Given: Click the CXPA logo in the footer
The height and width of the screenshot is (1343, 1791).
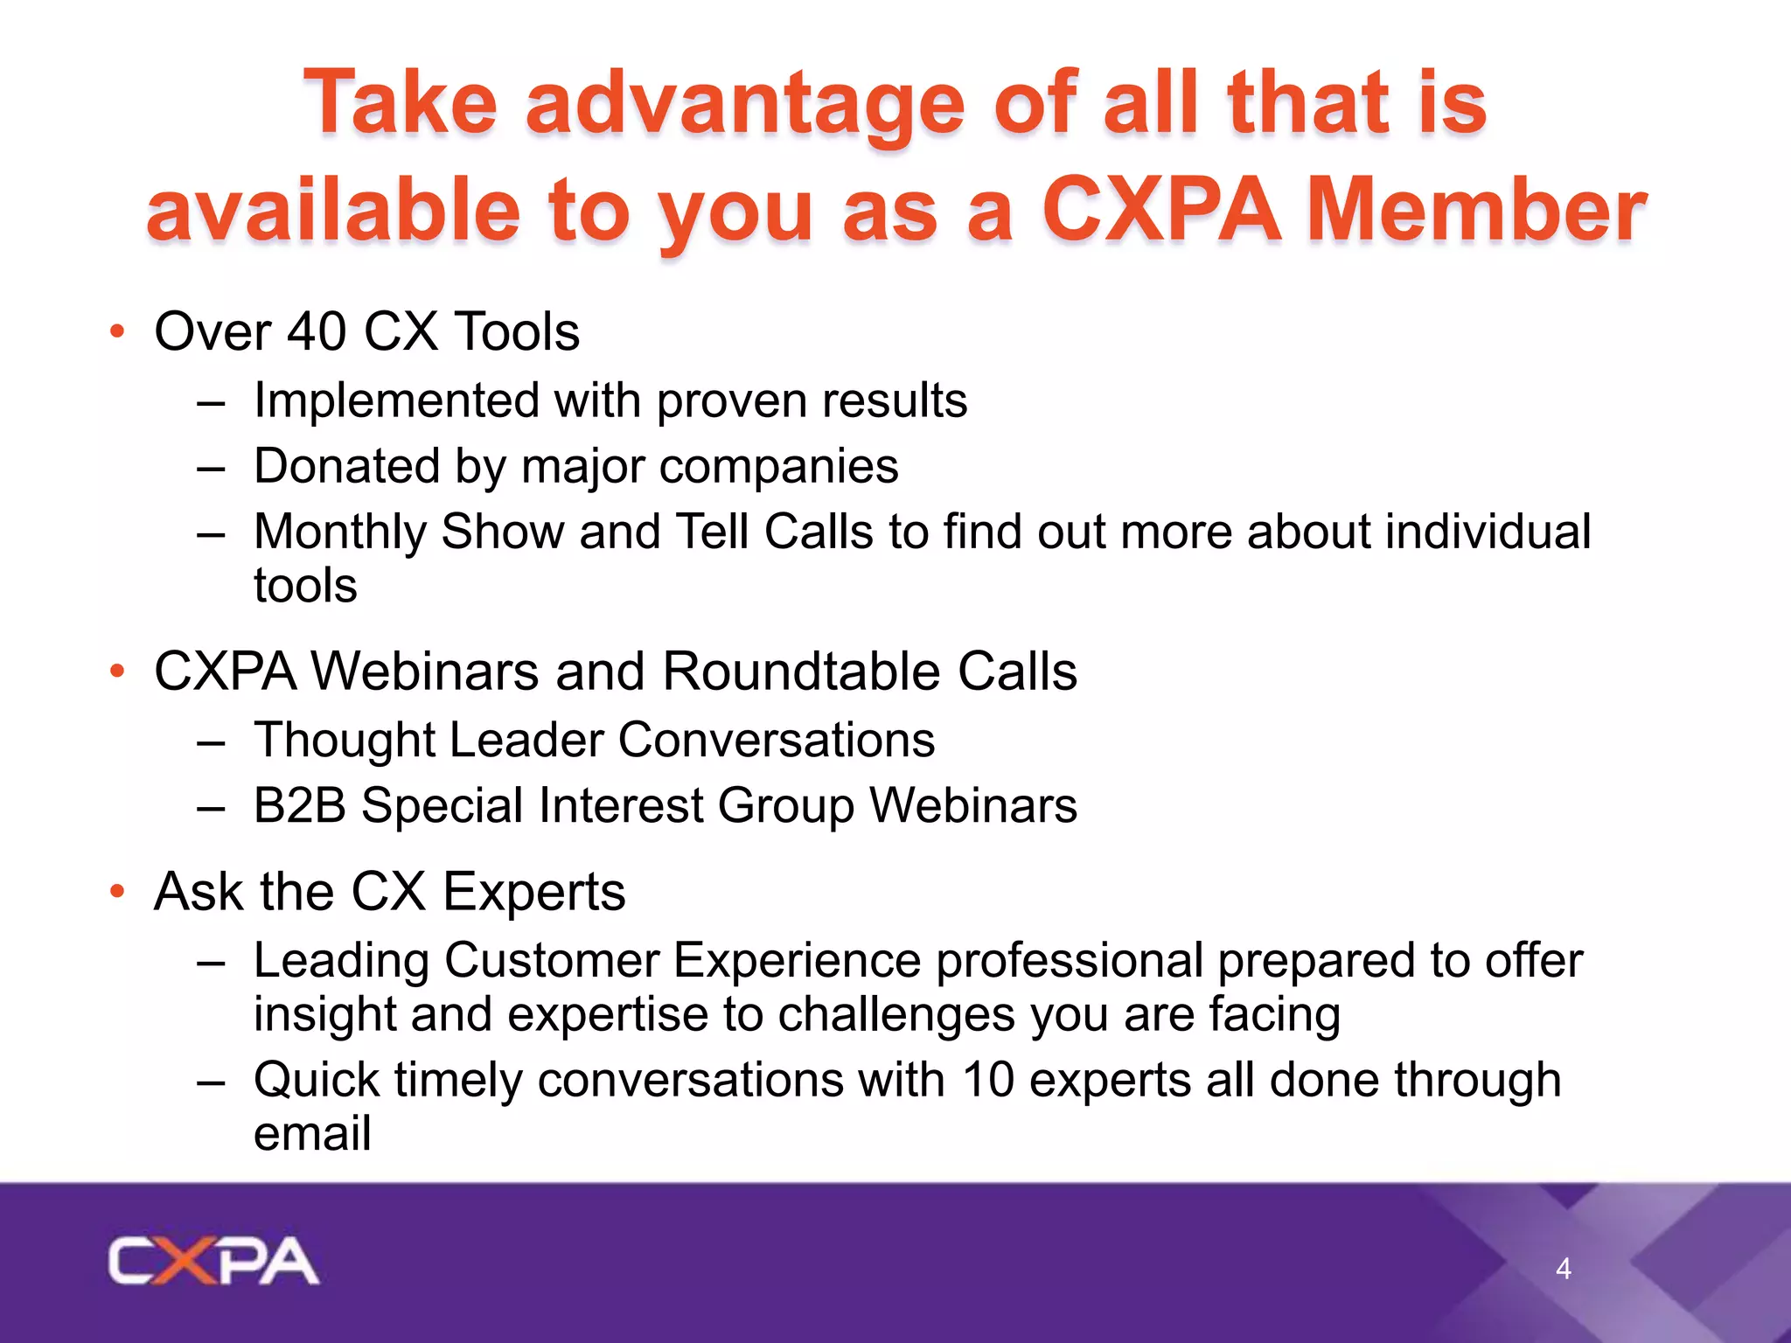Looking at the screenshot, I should [213, 1261].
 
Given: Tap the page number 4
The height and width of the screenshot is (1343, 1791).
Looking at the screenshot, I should [1564, 1269].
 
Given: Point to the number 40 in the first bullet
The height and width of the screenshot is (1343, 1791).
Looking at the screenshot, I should [317, 332].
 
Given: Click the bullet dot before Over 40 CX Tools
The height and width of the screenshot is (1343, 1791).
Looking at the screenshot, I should [117, 332].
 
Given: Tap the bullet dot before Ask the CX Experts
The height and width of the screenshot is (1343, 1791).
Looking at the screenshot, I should [117, 892].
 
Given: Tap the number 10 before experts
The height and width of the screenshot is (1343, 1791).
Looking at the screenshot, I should [987, 1080].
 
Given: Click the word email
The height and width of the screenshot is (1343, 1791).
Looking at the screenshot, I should [312, 1134].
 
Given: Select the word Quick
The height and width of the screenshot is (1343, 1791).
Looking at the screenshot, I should [316, 1080].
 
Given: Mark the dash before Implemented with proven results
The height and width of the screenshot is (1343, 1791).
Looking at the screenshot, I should [211, 402].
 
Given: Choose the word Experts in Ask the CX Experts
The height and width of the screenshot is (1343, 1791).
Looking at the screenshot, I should [533, 892].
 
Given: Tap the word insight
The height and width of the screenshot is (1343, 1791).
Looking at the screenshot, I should [324, 1015].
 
